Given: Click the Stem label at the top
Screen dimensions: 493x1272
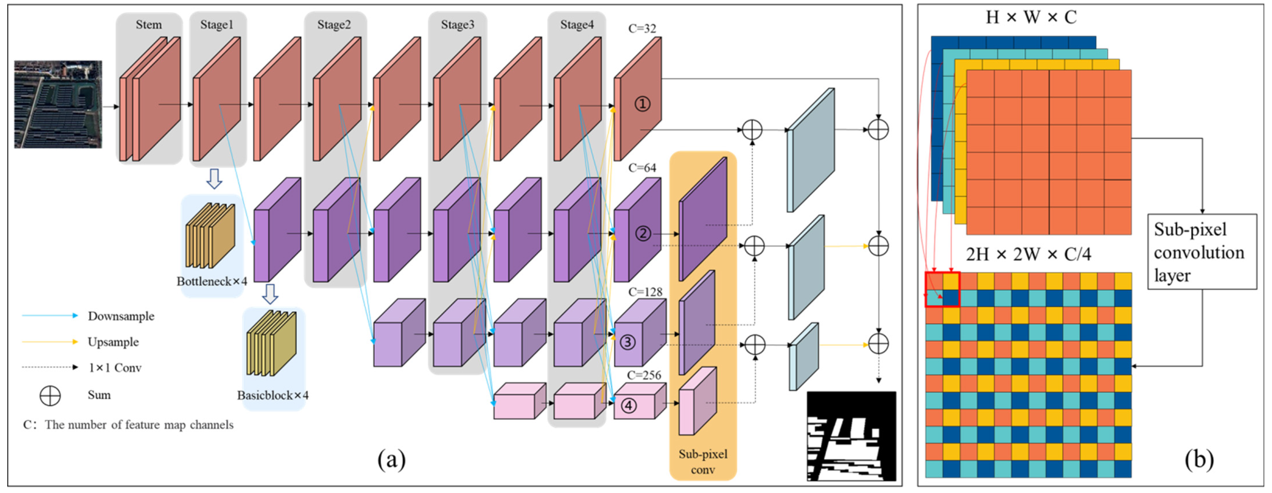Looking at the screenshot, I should click(149, 25).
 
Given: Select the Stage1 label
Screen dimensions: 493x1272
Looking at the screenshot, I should click(217, 25).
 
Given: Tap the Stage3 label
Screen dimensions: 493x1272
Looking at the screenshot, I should click(457, 25).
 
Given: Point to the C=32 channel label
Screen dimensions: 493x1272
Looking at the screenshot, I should click(642, 29).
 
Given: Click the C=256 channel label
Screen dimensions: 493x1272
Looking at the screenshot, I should click(644, 375).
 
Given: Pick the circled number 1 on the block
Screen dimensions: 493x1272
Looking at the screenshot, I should click(642, 104).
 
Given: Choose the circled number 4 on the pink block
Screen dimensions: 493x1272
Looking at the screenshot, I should click(628, 406).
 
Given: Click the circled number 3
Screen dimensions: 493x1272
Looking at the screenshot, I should click(627, 342).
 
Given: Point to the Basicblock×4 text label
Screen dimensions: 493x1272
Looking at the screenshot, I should click(272, 395).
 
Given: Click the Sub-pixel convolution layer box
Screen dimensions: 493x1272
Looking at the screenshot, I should click(1201, 252).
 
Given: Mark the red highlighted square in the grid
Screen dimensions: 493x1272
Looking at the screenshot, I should click(942, 290).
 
